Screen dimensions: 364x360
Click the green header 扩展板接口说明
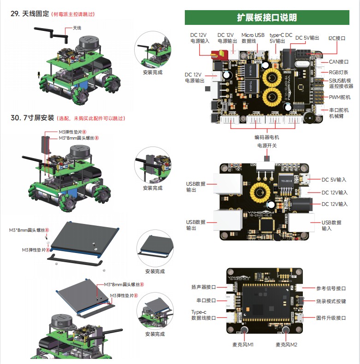(x=267, y=18)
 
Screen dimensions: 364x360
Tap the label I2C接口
(x=336, y=39)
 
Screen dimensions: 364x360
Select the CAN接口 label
(x=339, y=61)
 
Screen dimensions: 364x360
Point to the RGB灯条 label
(x=338, y=72)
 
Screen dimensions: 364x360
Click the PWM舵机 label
(x=340, y=97)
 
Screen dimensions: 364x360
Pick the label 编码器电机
(x=266, y=137)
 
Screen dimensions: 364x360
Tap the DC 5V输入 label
(x=334, y=180)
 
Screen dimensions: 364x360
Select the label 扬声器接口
(x=203, y=287)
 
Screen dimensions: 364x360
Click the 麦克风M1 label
(x=243, y=345)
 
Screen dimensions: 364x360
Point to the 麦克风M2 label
(x=286, y=345)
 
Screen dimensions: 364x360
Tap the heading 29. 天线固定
(x=30, y=14)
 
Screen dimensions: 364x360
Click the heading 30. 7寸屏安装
(x=32, y=118)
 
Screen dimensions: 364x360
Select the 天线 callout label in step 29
(x=77, y=28)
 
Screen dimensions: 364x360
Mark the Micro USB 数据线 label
(x=253, y=38)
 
